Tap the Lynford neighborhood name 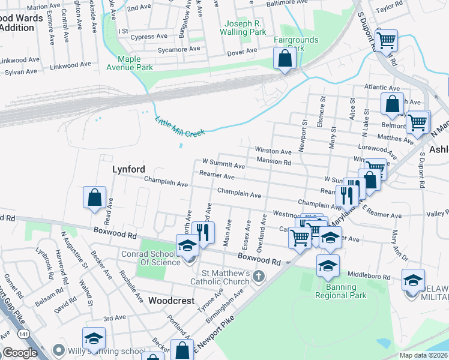tap(129, 170)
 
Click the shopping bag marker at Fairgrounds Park tap(285, 59)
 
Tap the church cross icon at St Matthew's tap(259, 276)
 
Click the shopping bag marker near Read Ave tap(95, 197)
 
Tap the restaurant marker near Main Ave tap(203, 232)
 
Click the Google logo tap(20, 353)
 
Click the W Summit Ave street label tap(223, 163)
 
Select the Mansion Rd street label tap(273, 161)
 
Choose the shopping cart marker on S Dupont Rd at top tap(387, 41)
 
